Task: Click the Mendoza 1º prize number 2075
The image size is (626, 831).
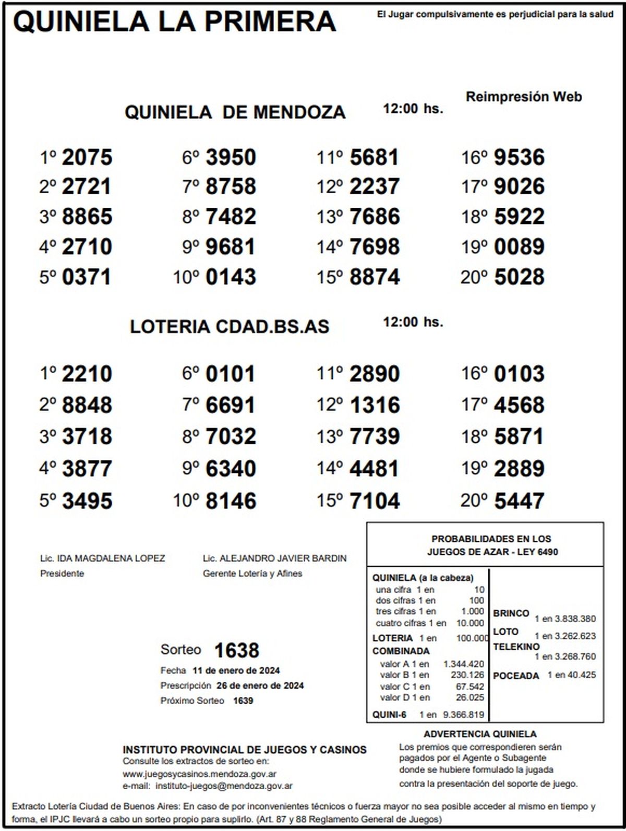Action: click(87, 157)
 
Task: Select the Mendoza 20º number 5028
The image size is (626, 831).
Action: click(519, 277)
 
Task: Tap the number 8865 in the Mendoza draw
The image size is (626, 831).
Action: click(87, 217)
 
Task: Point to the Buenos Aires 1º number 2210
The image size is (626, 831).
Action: click(87, 374)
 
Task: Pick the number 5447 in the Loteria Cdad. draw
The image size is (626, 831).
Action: click(519, 501)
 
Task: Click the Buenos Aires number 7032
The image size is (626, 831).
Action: click(231, 436)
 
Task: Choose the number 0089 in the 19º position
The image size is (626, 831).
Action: click(519, 247)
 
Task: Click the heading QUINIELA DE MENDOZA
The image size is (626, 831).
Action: click(235, 112)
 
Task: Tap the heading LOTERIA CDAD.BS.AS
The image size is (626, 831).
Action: click(230, 327)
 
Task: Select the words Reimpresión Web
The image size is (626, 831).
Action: click(523, 97)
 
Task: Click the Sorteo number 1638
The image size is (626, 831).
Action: click(236, 650)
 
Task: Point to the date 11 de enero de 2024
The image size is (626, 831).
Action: click(236, 671)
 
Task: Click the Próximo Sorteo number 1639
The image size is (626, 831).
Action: click(243, 701)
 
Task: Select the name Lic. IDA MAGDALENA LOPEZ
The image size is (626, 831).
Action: click(103, 559)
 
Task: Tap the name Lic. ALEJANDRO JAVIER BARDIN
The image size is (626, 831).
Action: click(274, 559)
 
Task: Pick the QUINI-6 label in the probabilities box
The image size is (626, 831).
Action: click(389, 715)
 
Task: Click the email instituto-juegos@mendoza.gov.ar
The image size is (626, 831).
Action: click(224, 786)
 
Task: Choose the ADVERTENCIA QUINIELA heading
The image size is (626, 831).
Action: click(480, 734)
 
